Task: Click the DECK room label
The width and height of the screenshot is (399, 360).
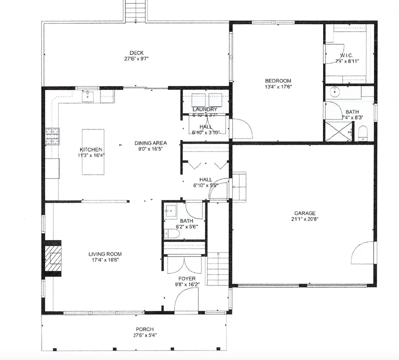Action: click(137, 53)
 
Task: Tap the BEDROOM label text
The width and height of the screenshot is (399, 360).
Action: click(278, 81)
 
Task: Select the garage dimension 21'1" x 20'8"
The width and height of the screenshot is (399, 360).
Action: click(305, 219)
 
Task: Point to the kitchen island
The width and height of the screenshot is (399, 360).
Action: click(93, 152)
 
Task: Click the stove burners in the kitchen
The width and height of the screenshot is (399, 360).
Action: click(52, 136)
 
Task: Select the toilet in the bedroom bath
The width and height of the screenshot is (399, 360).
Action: click(363, 133)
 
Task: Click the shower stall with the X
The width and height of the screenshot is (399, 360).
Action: click(338, 131)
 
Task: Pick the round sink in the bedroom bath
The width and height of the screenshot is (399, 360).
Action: click(335, 92)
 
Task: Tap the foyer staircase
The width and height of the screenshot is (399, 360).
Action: click(217, 269)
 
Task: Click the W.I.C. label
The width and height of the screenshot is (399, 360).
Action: click(346, 56)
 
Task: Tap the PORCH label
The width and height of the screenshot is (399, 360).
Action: click(144, 329)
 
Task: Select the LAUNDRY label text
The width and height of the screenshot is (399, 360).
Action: click(205, 109)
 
